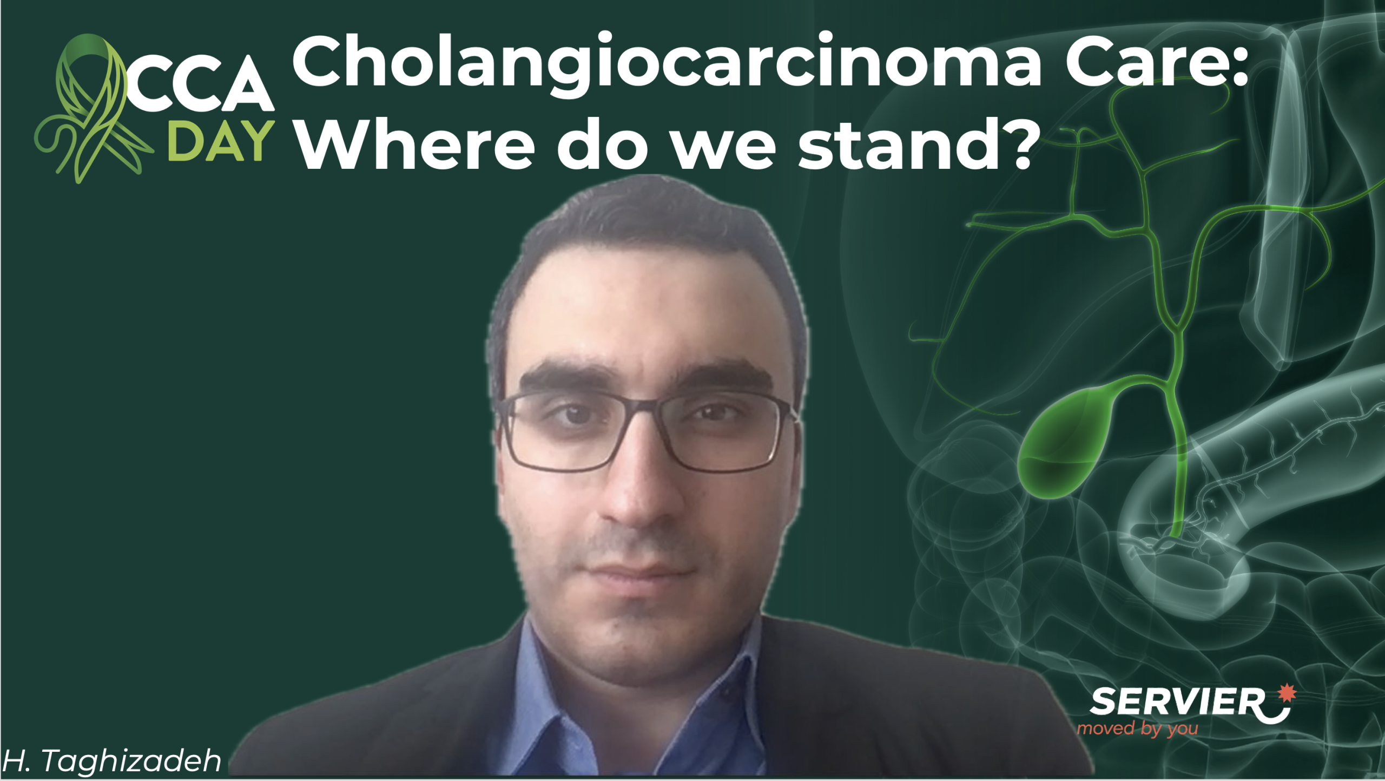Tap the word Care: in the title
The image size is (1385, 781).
1157,61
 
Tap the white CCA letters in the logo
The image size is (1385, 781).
200,84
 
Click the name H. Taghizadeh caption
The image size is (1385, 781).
112,760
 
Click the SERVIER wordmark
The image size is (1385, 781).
1177,701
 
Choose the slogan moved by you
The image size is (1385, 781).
1138,729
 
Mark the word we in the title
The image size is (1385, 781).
723,149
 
